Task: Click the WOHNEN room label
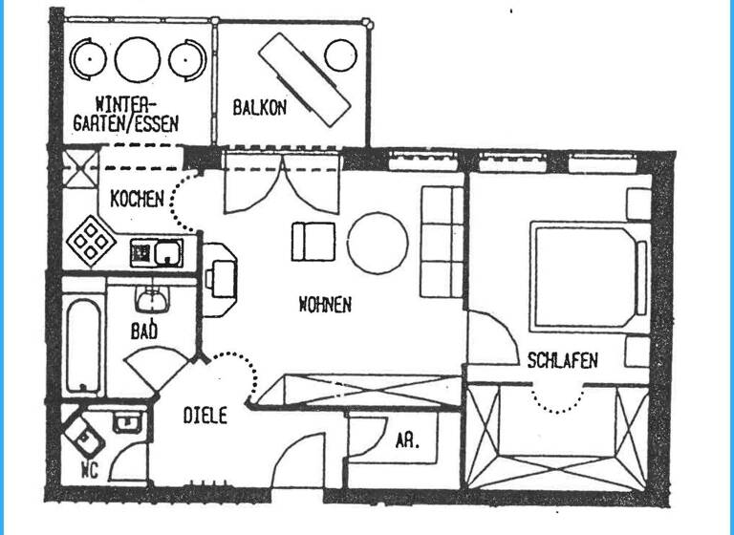[326, 306]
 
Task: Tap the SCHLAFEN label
[563, 360]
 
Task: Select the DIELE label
[205, 416]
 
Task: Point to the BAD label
[144, 332]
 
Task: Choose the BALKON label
[259, 108]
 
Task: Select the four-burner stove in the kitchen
[93, 239]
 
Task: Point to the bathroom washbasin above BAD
[152, 300]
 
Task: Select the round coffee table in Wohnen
[378, 242]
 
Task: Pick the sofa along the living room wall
[443, 241]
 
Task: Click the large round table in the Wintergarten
[137, 59]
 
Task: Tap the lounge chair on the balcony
[305, 78]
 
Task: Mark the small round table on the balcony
[340, 55]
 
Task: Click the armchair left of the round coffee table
[313, 241]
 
